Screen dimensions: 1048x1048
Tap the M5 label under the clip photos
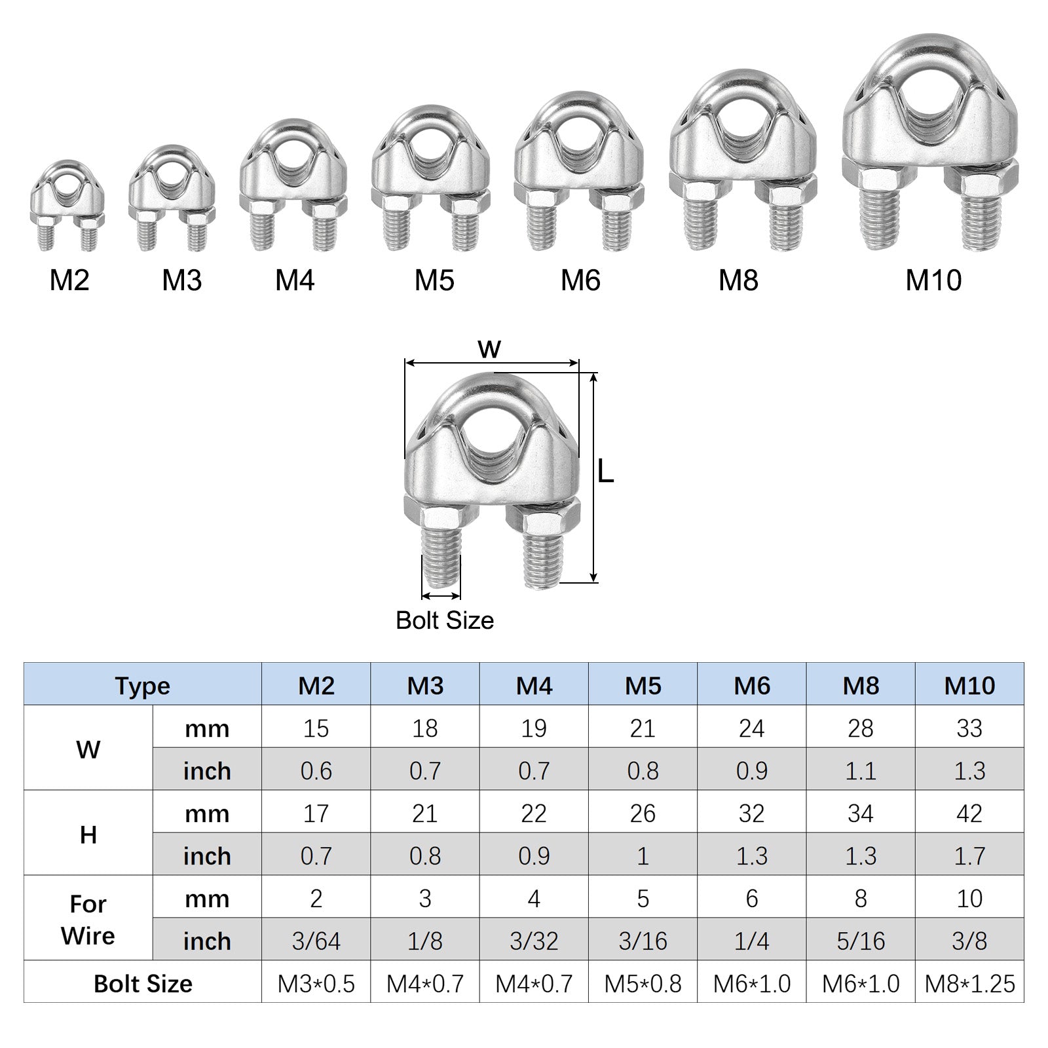click(x=434, y=280)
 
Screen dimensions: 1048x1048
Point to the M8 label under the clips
click(x=738, y=280)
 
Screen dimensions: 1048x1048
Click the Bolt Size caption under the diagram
click(x=445, y=620)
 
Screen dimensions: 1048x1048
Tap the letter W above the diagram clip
click(x=489, y=349)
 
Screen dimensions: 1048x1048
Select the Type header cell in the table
click(x=143, y=686)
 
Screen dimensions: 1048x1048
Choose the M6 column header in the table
click(x=752, y=686)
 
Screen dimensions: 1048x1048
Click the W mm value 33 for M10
click(x=969, y=728)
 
